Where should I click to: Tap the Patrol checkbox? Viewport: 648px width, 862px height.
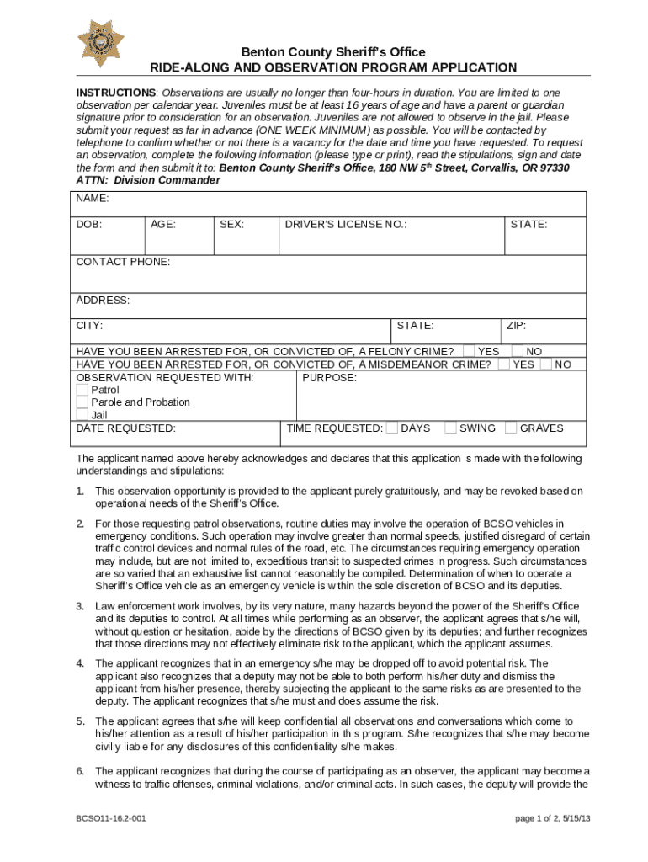(x=82, y=391)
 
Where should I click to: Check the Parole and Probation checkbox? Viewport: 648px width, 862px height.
(x=82, y=402)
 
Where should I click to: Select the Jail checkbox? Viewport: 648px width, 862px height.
(x=82, y=415)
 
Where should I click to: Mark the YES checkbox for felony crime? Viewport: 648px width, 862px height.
(x=468, y=351)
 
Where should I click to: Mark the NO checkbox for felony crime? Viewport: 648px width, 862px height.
(x=518, y=351)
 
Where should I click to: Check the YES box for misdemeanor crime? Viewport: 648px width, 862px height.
(x=503, y=364)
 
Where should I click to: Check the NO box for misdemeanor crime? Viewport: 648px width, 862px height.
(x=546, y=364)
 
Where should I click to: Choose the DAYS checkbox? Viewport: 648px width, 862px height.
(x=391, y=428)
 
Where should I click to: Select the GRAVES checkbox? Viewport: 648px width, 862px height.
(x=511, y=428)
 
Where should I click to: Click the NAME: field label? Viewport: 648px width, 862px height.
(x=93, y=200)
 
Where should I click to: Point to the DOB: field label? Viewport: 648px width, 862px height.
(x=89, y=225)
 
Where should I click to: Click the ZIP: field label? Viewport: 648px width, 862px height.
(x=516, y=326)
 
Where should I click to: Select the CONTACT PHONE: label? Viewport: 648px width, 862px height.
(x=123, y=262)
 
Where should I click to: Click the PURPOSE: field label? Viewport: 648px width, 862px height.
(x=329, y=378)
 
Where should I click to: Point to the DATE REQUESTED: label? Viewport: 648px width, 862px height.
(x=126, y=428)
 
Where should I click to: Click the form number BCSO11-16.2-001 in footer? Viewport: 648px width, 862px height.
(x=109, y=818)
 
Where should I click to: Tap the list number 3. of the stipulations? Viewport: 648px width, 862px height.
(x=81, y=606)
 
